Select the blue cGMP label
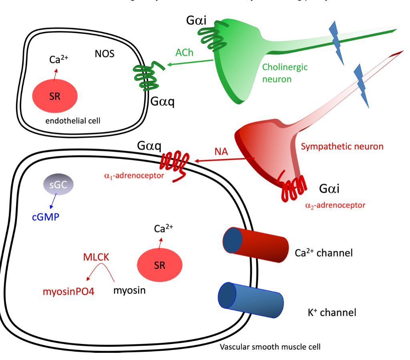46,218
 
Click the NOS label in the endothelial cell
105,54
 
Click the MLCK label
96,257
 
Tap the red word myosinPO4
68,291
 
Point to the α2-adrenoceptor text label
335,205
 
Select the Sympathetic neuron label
342,146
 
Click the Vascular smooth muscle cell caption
270,346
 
